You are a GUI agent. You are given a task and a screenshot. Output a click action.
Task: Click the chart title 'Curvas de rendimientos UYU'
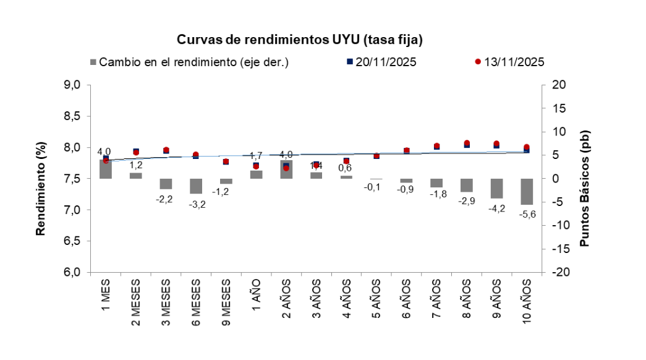click(300, 40)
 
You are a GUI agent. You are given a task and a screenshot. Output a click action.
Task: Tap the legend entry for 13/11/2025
click(509, 62)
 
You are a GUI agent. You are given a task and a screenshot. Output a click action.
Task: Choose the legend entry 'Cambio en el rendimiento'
click(189, 62)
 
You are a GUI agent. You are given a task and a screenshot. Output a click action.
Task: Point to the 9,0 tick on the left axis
click(73, 85)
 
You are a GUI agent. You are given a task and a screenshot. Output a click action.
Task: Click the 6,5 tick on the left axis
click(73, 241)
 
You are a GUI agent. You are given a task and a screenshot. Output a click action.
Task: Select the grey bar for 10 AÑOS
click(527, 191)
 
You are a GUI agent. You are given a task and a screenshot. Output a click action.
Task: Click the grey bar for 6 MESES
click(196, 186)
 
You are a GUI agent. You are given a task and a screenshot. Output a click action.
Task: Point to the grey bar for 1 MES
click(106, 169)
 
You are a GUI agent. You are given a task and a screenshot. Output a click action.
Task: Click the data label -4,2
click(496, 208)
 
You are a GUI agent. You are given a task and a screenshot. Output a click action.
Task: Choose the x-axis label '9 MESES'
click(226, 303)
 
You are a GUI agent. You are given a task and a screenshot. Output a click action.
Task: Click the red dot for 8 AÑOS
click(467, 144)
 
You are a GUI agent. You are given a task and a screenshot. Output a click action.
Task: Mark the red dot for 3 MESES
click(166, 150)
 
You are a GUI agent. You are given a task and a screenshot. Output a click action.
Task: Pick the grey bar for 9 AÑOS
click(496, 188)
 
